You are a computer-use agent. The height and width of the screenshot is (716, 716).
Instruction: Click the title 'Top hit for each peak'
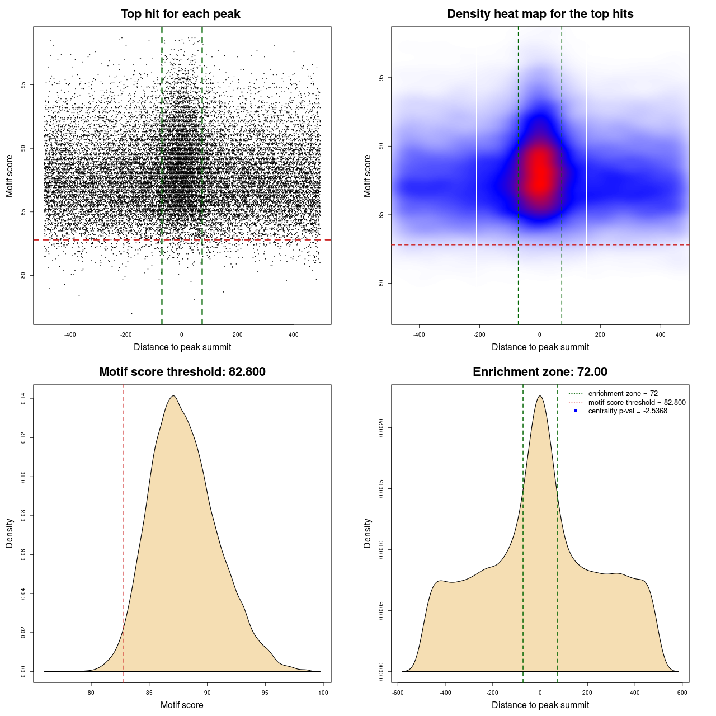(x=181, y=14)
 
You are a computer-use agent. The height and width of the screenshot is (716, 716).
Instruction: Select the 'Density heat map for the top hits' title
(x=540, y=14)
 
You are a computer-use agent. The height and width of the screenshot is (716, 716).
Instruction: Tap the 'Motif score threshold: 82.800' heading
(x=182, y=372)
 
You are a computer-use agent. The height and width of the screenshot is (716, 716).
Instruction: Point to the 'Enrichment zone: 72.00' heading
(x=540, y=372)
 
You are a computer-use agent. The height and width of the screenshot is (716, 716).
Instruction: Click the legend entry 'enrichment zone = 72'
(x=623, y=394)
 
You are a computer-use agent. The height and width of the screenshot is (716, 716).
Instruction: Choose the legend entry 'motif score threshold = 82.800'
(x=637, y=402)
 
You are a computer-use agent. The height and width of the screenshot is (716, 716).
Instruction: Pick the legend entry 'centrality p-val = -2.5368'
(x=628, y=411)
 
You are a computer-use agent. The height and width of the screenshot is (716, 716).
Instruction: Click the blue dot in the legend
(x=576, y=411)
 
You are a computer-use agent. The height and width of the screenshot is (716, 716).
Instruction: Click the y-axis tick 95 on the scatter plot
(x=39, y=85)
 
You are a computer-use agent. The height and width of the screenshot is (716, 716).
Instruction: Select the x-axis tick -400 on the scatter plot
(x=70, y=335)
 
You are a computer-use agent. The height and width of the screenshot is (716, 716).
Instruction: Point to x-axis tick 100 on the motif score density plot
(x=323, y=693)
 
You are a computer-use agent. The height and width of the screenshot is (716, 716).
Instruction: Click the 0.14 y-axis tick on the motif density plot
(x=23, y=399)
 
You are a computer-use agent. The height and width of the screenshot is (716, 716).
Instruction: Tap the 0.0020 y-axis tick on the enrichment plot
(x=381, y=428)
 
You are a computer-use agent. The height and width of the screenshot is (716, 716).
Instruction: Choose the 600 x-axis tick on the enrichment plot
(x=682, y=693)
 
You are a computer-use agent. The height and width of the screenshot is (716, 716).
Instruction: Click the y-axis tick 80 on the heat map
(x=381, y=283)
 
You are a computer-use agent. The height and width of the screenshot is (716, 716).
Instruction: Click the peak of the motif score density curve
(x=174, y=396)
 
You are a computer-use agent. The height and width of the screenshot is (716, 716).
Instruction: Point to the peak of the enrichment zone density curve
(x=540, y=396)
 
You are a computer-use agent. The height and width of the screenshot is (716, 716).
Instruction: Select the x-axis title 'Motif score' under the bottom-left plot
(x=182, y=705)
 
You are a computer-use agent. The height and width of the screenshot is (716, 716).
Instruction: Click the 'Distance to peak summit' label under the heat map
(x=540, y=347)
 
